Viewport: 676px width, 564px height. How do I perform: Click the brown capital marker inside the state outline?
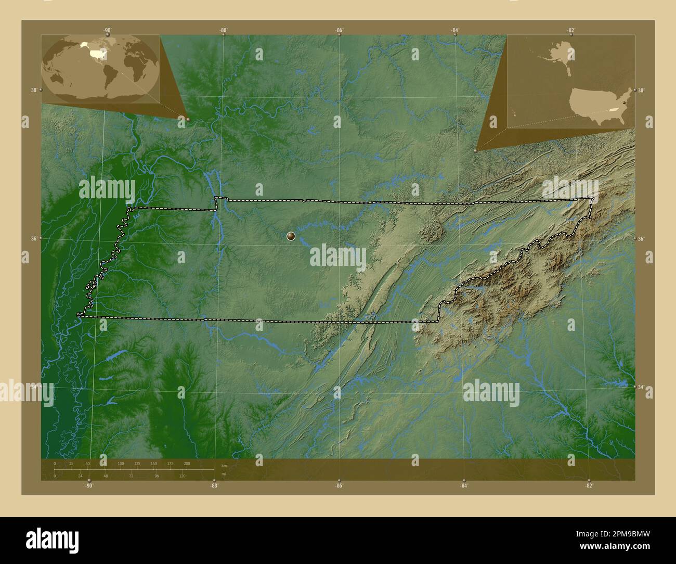291,237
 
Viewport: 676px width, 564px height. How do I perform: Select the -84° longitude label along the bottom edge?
464,485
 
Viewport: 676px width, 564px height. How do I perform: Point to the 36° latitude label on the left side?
33,238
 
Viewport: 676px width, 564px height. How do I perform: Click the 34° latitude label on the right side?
641,387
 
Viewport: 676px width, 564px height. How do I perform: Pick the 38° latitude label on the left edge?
33,90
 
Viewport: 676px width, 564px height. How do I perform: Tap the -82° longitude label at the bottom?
589,485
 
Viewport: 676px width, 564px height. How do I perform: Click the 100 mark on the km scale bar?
121,463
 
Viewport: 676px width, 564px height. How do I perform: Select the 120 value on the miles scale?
182,476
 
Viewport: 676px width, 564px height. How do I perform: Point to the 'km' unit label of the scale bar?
224,465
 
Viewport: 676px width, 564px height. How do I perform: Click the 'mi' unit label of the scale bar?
224,474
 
